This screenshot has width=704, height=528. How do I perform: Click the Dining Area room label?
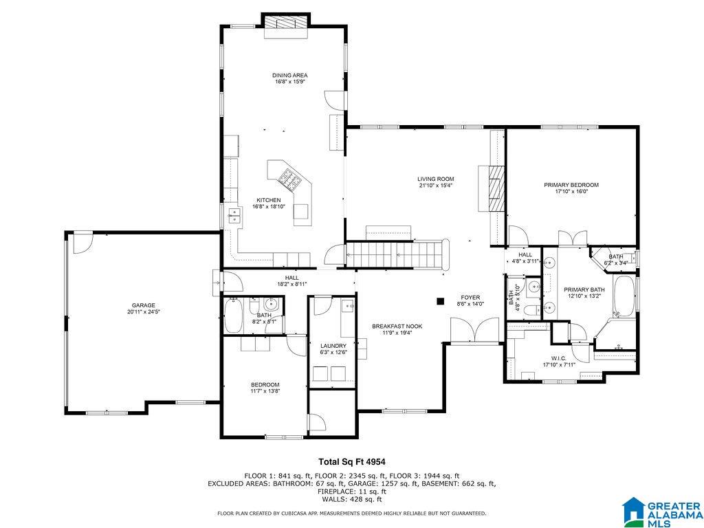click(289, 76)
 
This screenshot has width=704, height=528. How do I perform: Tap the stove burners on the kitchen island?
click(289, 179)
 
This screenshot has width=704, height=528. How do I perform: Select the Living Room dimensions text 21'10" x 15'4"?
click(435, 185)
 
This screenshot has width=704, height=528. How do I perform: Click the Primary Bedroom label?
click(571, 184)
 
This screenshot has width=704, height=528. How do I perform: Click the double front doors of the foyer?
click(474, 330)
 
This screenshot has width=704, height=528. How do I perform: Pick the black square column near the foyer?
click(441, 301)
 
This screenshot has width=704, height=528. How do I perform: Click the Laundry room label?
click(333, 346)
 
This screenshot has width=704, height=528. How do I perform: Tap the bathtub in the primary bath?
click(624, 296)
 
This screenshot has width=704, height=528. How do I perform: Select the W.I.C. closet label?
click(558, 358)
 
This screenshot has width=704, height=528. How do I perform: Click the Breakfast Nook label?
click(397, 327)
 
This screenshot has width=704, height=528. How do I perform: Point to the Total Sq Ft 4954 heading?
click(352, 461)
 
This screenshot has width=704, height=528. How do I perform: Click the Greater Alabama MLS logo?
click(662, 511)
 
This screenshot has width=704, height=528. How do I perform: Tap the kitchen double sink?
click(234, 215)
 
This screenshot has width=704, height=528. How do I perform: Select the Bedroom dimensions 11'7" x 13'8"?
click(265, 391)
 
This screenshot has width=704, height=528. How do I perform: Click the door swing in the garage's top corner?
click(82, 243)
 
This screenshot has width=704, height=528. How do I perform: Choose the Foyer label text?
click(470, 297)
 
